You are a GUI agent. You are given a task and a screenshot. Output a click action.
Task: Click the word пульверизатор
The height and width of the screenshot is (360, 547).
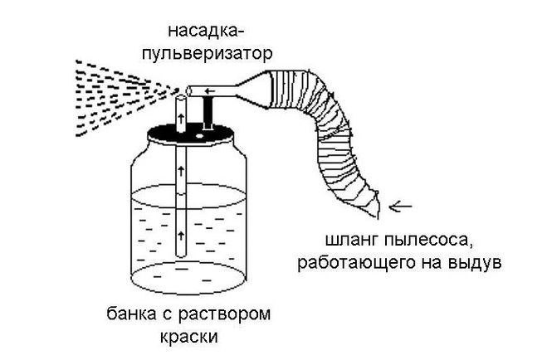point(207,55)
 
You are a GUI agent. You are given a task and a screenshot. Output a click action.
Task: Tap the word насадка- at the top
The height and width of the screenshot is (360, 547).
point(207,31)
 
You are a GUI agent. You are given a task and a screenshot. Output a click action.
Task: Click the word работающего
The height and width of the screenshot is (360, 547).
point(356,263)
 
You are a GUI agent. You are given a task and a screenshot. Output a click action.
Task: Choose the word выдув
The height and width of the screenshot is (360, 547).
point(474,263)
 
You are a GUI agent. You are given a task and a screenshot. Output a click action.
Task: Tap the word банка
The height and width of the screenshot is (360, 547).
point(131,314)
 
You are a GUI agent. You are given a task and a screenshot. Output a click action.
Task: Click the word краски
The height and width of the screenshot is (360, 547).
point(189,337)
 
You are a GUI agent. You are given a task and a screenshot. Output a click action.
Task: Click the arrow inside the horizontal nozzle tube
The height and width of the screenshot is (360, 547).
point(210,91)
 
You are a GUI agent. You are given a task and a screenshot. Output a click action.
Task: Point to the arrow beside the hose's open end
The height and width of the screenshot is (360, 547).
point(400,207)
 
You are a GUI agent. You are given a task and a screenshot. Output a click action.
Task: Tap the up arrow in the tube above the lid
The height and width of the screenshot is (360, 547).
point(181,118)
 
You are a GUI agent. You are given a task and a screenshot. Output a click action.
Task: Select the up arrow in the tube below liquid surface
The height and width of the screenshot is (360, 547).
point(181,236)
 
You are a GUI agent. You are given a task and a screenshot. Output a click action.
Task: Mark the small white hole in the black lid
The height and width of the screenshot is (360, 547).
point(199,136)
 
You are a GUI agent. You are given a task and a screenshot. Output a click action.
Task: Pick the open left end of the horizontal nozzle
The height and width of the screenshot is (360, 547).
point(189,91)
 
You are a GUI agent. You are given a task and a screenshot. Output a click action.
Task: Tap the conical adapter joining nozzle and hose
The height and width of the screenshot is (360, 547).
point(254,89)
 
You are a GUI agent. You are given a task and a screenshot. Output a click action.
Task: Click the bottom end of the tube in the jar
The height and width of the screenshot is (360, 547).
point(181,255)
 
